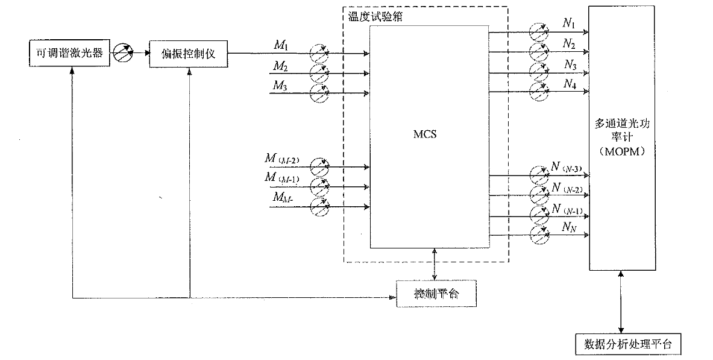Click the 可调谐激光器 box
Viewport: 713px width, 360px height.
pos(71,54)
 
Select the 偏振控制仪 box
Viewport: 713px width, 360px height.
pos(189,54)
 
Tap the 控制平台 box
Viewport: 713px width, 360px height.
pos(436,294)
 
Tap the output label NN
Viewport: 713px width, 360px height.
pos(569,227)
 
